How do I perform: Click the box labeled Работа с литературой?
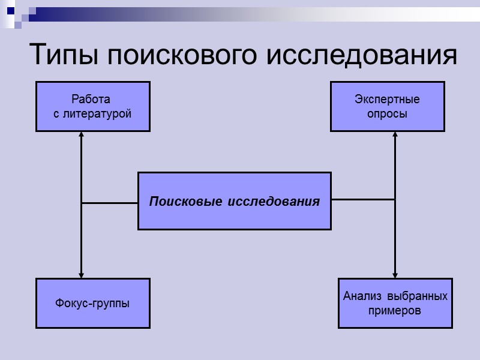point(92,106)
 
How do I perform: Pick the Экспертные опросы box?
point(387,106)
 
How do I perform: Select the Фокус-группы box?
point(92,303)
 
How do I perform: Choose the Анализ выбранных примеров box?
point(395,303)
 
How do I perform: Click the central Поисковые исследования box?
point(234,201)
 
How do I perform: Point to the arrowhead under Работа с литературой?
point(81,135)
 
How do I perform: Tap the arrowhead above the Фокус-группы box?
point(81,274)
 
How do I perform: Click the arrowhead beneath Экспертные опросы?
point(395,135)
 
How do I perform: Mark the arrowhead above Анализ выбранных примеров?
point(395,274)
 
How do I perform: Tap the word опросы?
point(387,113)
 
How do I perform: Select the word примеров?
point(395,311)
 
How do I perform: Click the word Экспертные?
point(387,100)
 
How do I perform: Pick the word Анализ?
point(363,296)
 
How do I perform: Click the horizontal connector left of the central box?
point(110,203)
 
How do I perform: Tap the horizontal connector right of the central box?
point(363,199)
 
